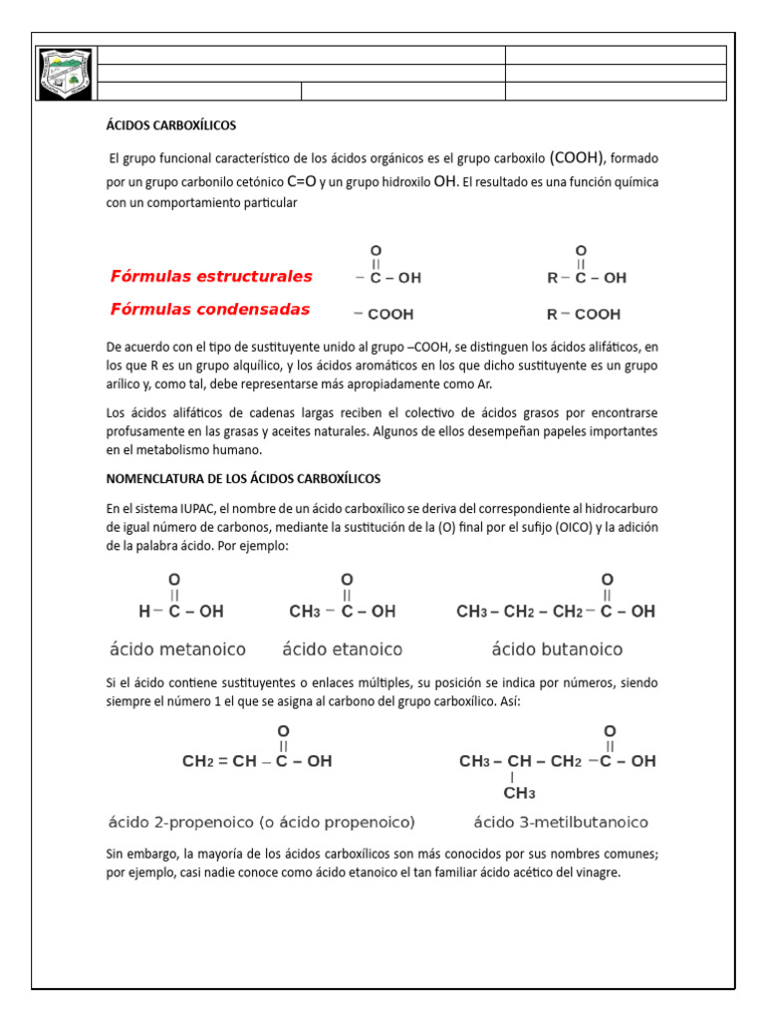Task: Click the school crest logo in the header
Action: (66, 74)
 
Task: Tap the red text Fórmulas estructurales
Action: (211, 276)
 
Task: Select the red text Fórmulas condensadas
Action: (210, 309)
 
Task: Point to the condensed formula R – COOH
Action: (583, 314)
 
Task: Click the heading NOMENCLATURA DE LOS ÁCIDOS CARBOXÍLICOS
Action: (243, 478)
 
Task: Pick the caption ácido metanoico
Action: (177, 649)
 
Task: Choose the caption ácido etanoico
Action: (343, 649)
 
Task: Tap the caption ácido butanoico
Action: (557, 649)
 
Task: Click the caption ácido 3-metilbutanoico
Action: (561, 822)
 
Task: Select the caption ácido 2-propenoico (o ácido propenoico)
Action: (261, 822)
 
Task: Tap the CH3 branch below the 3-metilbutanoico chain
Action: (518, 793)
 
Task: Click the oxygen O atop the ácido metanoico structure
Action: (173, 579)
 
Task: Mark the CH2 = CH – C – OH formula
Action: (257, 761)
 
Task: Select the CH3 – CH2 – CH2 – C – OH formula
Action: (556, 612)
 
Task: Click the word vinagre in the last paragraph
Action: (595, 873)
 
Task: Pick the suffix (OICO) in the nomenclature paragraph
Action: (565, 526)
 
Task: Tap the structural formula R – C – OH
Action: (587, 278)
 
